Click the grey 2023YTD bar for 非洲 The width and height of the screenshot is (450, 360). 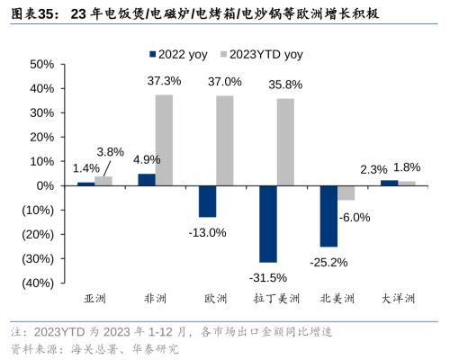(163, 139)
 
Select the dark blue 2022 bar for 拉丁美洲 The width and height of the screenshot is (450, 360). (267, 223)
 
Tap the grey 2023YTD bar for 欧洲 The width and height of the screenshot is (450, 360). (224, 140)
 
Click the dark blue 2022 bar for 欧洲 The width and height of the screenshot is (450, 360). (207, 201)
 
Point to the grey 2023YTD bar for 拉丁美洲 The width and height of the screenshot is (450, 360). (284, 141)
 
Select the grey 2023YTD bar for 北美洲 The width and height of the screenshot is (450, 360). (346, 193)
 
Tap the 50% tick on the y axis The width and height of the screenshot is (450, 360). (41, 65)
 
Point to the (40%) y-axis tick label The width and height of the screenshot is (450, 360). (36, 283)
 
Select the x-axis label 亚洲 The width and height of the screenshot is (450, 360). (94, 298)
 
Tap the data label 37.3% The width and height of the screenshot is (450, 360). (164, 81)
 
